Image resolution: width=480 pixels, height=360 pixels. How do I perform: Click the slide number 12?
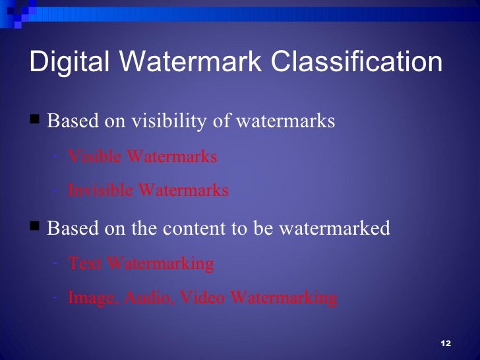445,345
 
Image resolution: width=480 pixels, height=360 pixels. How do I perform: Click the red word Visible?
96,157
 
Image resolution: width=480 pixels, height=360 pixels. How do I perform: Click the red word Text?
86,264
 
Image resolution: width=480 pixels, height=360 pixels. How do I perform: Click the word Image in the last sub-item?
92,298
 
